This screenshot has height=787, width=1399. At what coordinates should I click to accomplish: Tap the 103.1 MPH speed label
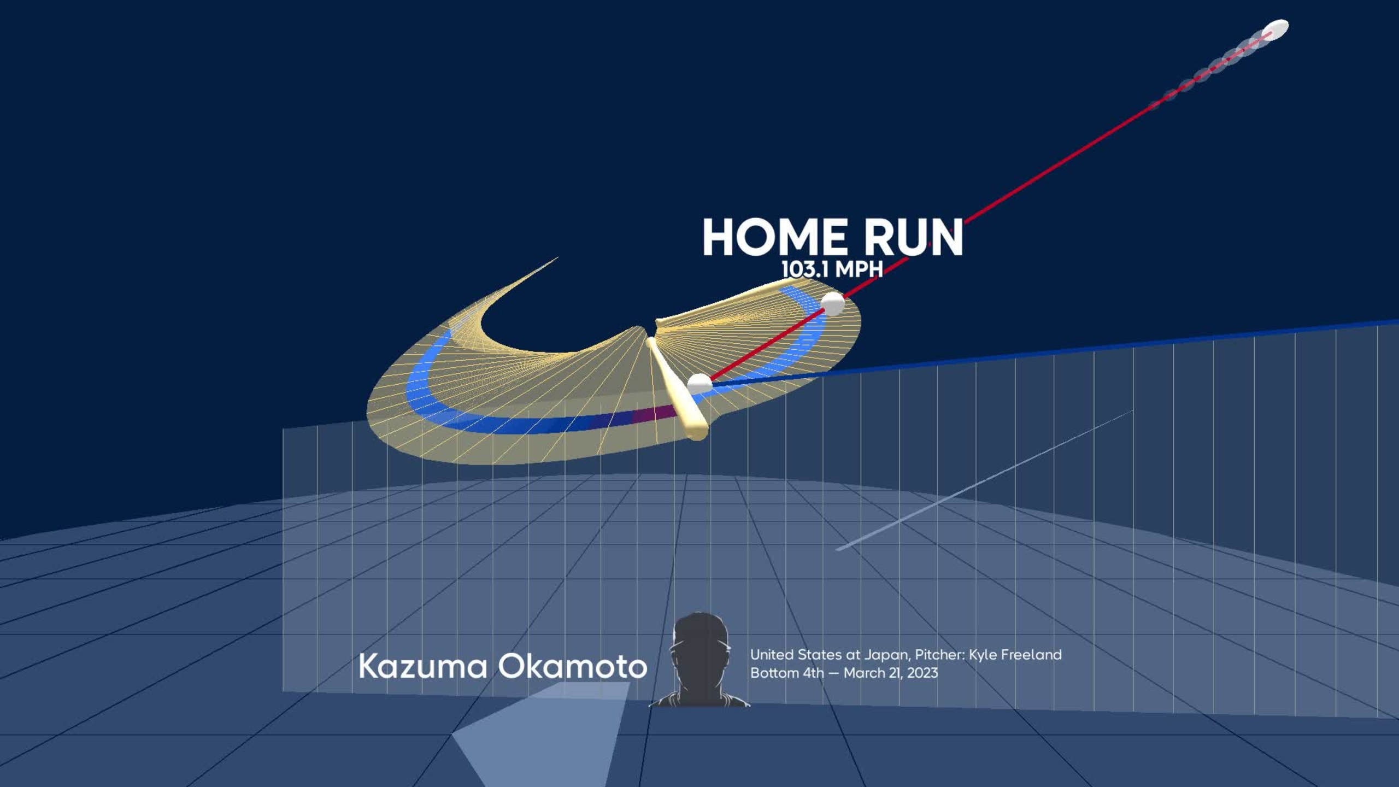point(832,269)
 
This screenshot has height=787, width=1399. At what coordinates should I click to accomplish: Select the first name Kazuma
point(422,666)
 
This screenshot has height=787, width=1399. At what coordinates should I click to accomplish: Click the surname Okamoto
point(572,666)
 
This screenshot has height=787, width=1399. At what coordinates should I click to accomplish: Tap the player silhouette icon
point(699,660)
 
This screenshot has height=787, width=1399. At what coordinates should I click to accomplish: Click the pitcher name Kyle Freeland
point(1015,655)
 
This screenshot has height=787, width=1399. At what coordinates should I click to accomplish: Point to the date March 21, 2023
point(891,673)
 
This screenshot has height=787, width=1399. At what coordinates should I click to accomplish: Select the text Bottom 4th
point(787,673)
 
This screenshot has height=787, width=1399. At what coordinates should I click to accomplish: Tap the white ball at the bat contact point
point(699,384)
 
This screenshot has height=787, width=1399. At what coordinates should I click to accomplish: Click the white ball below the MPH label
point(832,303)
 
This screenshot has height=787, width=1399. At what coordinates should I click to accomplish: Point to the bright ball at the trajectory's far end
point(1275,29)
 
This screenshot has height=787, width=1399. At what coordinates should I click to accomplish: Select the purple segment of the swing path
point(653,414)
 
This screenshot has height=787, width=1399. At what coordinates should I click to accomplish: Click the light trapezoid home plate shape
point(541,732)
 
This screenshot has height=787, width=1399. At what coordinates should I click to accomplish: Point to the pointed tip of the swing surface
point(557,258)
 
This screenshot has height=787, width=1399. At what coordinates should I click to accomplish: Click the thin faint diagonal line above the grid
point(985,480)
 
